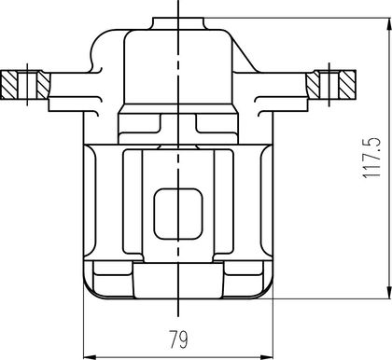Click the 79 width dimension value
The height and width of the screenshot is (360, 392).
pos(178,339)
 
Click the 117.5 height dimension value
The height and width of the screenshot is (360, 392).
pos(371,158)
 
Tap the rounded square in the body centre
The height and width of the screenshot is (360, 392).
pos(178,214)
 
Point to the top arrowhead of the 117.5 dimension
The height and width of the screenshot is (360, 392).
pos(388,24)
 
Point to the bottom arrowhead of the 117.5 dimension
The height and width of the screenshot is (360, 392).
pos(388,293)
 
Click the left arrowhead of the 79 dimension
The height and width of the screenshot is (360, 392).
pos(91,356)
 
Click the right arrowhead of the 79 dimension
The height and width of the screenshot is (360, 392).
pos(267,356)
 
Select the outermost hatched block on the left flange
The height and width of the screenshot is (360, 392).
pos(9,85)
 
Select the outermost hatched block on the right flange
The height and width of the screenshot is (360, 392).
pos(347,85)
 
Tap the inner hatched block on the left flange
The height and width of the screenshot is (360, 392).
pos(43,85)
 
